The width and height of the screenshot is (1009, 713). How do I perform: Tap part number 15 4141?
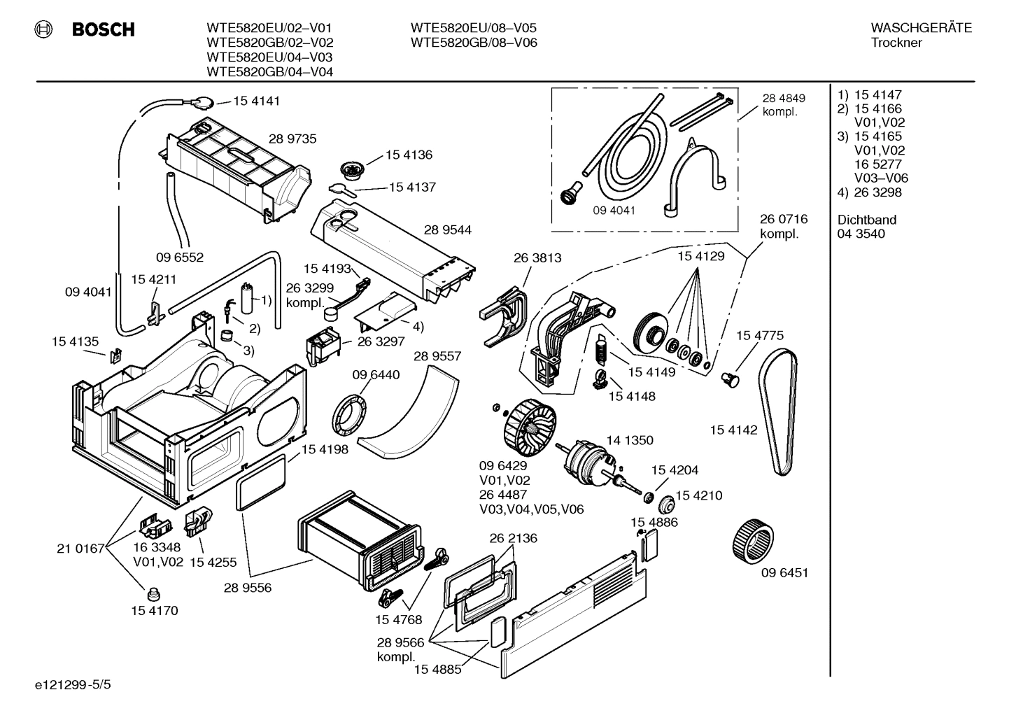click(256, 101)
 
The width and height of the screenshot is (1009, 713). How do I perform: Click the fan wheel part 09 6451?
click(753, 539)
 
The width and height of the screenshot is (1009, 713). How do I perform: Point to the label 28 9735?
click(292, 139)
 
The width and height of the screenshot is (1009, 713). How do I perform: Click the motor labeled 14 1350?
click(588, 463)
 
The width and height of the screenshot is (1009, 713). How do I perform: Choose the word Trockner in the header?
click(896, 43)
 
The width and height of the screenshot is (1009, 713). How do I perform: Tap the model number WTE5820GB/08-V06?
click(474, 43)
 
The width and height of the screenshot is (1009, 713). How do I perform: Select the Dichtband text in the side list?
click(866, 220)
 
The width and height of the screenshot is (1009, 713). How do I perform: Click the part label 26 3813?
click(537, 257)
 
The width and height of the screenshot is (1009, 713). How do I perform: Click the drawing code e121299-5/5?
click(60, 684)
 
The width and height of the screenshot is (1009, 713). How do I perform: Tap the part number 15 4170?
click(154, 610)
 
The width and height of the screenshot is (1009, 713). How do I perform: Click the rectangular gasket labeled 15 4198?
click(262, 483)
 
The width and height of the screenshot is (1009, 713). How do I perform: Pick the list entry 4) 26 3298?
click(870, 192)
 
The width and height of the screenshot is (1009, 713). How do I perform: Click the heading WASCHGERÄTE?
click(921, 28)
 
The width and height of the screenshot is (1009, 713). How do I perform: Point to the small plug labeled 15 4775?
click(731, 379)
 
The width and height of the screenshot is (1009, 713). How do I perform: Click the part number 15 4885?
click(437, 669)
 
